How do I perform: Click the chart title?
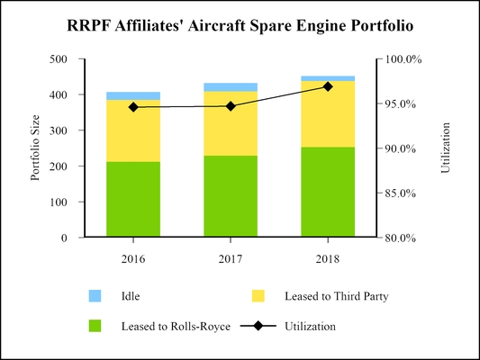click(x=240, y=26)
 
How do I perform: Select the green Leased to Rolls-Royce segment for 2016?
click(x=133, y=200)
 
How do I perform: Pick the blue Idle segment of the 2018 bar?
click(x=328, y=78)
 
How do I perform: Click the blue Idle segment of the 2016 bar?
click(x=133, y=95)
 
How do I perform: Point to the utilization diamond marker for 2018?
click(x=328, y=86)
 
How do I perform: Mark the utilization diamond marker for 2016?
click(x=133, y=107)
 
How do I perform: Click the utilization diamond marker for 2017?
click(x=231, y=106)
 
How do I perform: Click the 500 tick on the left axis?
click(x=58, y=59)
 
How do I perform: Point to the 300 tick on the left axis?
click(x=58, y=130)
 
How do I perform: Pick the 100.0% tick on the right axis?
click(x=404, y=59)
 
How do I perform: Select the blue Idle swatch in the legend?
click(x=95, y=295)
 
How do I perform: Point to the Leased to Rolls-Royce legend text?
click(x=166, y=327)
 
